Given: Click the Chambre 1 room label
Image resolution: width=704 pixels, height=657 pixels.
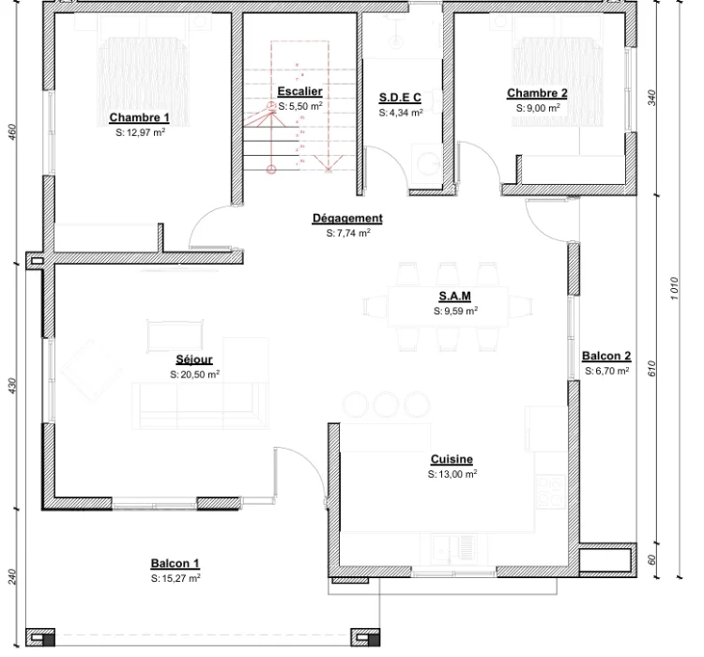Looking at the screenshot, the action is [139, 117].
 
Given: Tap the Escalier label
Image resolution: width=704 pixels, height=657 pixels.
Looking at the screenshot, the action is [299, 92].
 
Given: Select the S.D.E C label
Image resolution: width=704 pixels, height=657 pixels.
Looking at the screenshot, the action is [400, 98].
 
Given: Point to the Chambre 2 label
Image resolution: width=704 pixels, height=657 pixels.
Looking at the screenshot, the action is [537, 93].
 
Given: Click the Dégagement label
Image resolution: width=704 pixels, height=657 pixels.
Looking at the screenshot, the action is [347, 219].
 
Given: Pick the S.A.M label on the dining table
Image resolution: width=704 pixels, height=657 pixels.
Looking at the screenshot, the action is [455, 297].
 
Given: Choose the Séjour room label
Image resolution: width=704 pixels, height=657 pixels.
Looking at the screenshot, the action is [194, 359].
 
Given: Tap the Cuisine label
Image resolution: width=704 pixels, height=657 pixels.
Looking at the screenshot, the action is [451, 459].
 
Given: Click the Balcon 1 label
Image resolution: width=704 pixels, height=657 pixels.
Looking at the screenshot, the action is [176, 563].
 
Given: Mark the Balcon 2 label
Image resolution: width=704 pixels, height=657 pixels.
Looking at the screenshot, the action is [606, 356].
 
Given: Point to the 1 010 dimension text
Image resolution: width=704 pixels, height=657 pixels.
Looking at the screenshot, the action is [674, 288].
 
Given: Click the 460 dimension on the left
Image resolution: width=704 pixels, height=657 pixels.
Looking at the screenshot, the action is [12, 131].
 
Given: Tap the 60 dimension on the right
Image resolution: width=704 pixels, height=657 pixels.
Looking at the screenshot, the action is [652, 559].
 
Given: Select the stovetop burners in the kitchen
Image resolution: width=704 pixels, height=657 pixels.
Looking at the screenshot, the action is [550, 491].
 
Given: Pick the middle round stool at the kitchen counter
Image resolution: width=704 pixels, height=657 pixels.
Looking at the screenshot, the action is [386, 405].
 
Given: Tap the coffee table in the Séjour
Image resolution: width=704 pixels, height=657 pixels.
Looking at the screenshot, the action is [176, 335].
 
